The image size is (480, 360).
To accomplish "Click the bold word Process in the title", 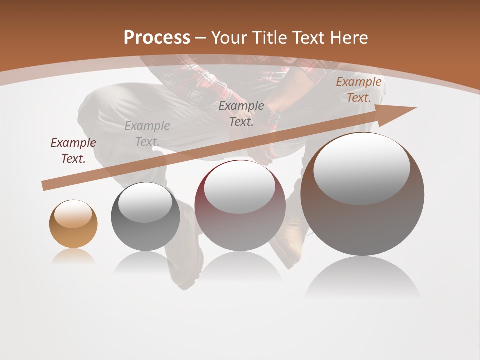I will click(157, 38).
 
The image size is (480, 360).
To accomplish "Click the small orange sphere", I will click(73, 230).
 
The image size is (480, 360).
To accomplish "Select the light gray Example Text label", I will click(147, 134).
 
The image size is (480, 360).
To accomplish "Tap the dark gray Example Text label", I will click(241, 113).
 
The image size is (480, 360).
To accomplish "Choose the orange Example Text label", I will click(359, 90).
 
